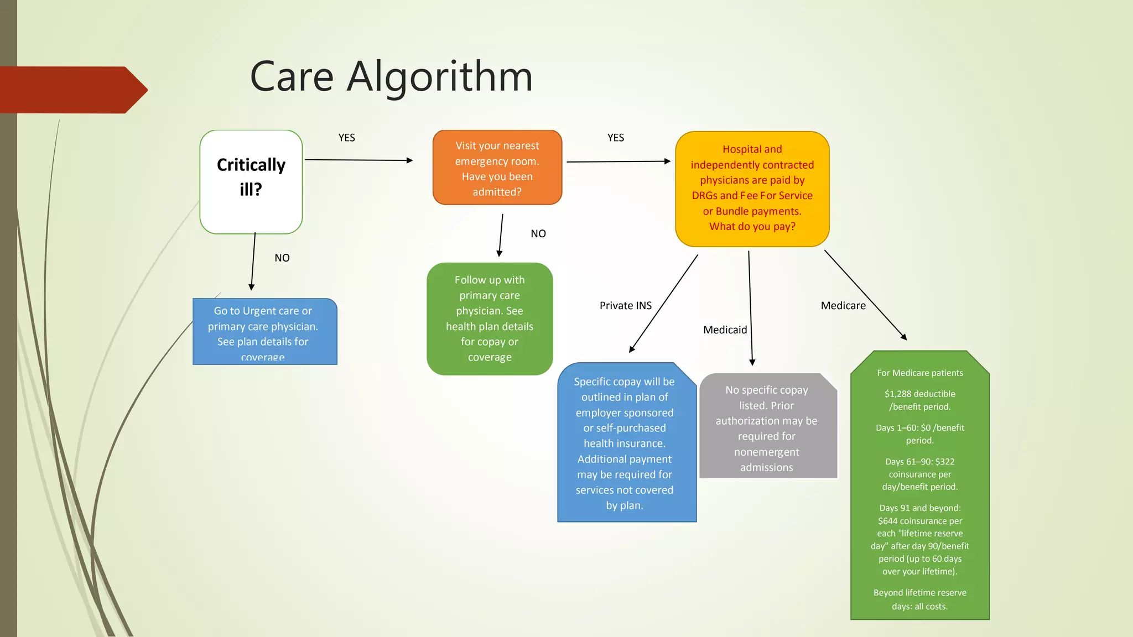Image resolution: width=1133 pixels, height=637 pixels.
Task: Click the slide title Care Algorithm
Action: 391,76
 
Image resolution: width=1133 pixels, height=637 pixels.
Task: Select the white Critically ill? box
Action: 251,181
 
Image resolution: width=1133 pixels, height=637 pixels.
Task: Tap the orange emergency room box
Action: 497,168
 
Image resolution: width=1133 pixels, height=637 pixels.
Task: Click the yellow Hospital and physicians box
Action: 752,188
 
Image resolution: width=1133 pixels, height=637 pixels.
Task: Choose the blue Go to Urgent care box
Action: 264,332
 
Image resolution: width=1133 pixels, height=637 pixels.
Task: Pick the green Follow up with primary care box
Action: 490,318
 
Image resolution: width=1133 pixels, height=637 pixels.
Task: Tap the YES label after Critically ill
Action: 347,138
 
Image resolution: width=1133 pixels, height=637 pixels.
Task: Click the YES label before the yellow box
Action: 616,138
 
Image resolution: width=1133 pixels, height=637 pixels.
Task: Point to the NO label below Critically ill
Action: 282,258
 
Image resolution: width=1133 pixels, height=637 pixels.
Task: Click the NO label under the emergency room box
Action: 538,233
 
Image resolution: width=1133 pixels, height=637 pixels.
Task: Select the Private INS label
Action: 626,305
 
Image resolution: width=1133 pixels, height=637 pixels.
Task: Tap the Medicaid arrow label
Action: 725,330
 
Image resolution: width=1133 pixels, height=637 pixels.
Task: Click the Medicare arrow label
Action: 843,305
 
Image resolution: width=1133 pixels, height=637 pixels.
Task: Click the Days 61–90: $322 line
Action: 919,462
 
